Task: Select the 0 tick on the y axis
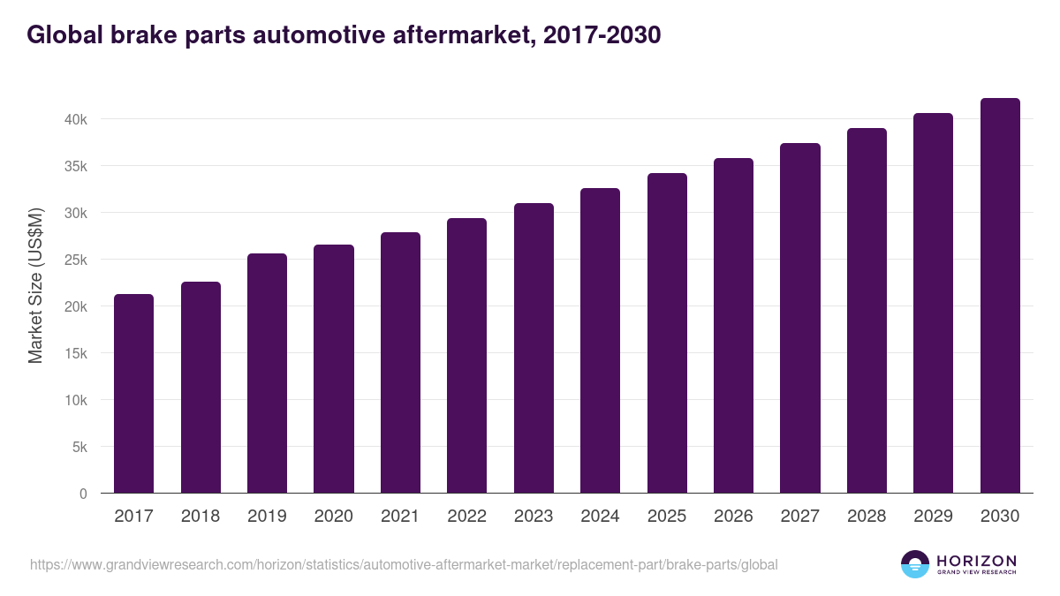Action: pos(83,494)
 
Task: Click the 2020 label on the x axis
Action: pos(333,517)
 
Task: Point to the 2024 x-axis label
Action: pos(600,517)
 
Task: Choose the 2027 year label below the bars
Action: pos(800,517)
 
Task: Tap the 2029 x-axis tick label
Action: pos(933,517)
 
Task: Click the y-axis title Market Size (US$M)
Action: pos(35,284)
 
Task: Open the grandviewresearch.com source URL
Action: pos(404,564)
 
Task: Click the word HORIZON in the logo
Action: pos(976,561)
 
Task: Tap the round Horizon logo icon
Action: pos(914,564)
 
